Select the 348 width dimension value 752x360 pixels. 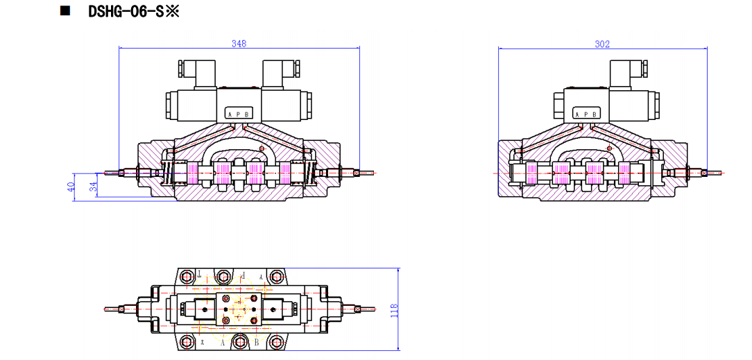pyautogui.click(x=239, y=43)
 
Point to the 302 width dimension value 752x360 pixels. pyautogui.click(x=602, y=44)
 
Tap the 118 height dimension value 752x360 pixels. pyautogui.click(x=394, y=309)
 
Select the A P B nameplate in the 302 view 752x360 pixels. pyautogui.click(x=586, y=114)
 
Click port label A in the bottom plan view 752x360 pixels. pyautogui.click(x=223, y=343)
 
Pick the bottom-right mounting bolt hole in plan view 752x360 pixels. pyautogui.click(x=277, y=341)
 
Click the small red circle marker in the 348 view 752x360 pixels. pyautogui.click(x=262, y=148)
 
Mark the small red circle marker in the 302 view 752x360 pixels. pyautogui.click(x=608, y=148)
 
